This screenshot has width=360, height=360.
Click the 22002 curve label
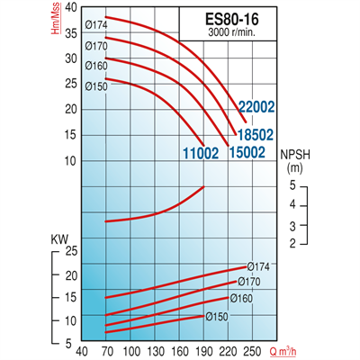pyautogui.click(x=256, y=105)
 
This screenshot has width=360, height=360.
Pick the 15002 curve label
pyautogui.click(x=246, y=152)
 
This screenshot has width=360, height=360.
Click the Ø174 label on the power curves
pyautogui.click(x=260, y=266)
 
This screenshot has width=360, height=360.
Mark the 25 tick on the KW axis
pyautogui.click(x=73, y=253)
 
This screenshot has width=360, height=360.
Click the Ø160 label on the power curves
pyautogui.click(x=241, y=298)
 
